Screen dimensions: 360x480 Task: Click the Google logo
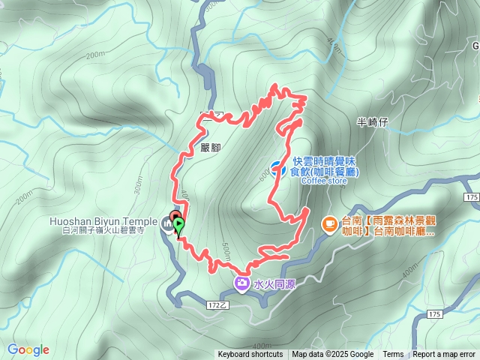pos(28,349)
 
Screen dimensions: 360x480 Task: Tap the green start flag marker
pos(178,223)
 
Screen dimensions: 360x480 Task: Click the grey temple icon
pos(166,223)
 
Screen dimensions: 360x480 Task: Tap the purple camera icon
pos(242,283)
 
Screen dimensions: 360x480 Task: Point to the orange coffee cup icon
pos(328,223)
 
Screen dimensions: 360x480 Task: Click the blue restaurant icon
pos(276,168)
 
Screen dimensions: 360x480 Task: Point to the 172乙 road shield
pos(217,306)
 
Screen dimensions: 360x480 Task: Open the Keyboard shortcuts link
pos(250,355)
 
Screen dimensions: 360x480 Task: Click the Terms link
pos(393,355)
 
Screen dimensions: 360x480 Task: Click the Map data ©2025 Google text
pos(332,355)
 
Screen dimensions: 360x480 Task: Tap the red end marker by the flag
pos(175,217)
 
